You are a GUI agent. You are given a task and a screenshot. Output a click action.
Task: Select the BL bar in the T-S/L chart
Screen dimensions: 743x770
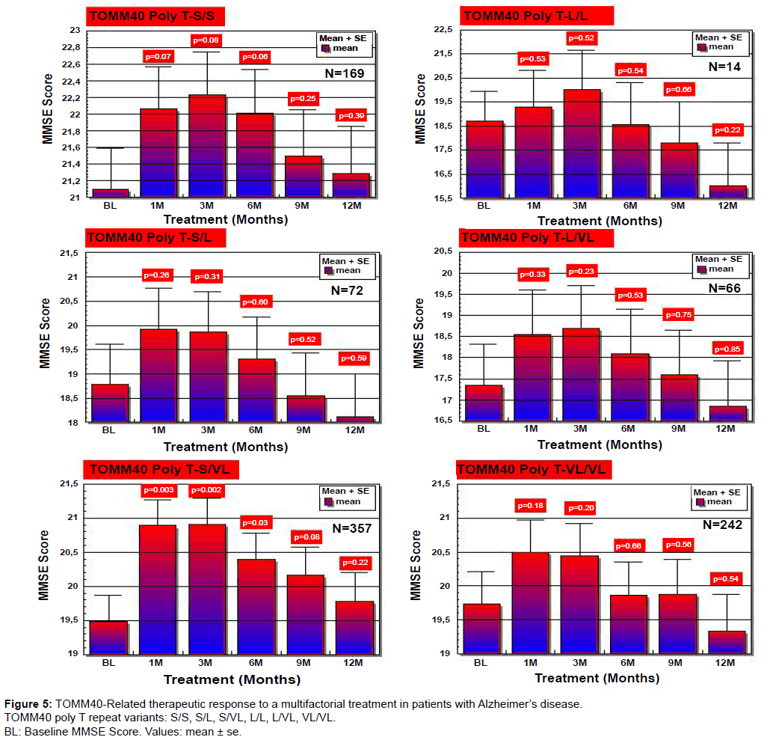pyautogui.click(x=110, y=403)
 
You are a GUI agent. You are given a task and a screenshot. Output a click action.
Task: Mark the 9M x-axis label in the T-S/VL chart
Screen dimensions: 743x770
pyautogui.click(x=304, y=664)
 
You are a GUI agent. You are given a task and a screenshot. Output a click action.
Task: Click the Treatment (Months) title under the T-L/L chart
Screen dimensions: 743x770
pyautogui.click(x=600, y=221)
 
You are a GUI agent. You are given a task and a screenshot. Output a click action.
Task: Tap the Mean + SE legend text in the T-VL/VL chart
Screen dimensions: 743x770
pyautogui.click(x=717, y=492)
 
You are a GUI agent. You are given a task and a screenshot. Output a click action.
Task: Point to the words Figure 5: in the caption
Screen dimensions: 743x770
pyautogui.click(x=28, y=703)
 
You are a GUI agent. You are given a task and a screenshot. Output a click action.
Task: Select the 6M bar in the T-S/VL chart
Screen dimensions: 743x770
pyautogui.click(x=256, y=606)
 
